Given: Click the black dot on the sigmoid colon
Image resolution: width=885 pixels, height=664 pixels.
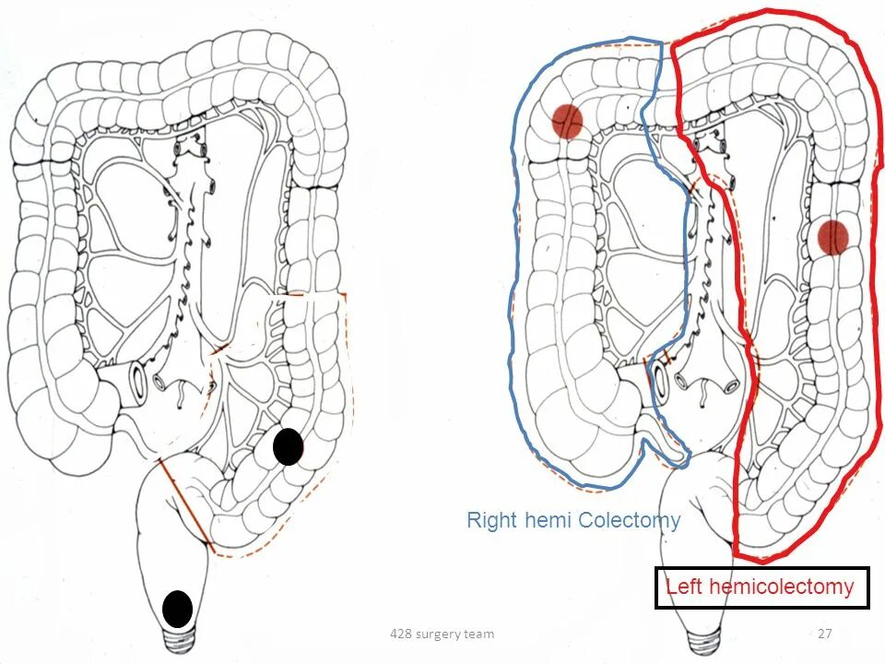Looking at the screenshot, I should click(288, 446).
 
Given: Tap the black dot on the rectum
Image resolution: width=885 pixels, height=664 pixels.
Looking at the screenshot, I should click(177, 609).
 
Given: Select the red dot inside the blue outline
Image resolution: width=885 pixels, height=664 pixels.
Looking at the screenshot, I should click(568, 122).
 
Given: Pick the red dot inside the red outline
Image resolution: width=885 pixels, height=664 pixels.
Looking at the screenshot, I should click(832, 237).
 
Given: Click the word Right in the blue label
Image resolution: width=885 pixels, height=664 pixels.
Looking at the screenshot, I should click(491, 520).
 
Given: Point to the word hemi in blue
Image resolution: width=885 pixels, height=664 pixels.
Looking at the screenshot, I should click(549, 520).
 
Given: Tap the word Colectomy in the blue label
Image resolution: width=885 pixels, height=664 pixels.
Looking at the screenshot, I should click(630, 520).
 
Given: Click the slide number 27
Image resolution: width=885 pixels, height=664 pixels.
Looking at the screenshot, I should click(825, 634).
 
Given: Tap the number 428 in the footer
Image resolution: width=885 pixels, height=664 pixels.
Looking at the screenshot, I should click(401, 634).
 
